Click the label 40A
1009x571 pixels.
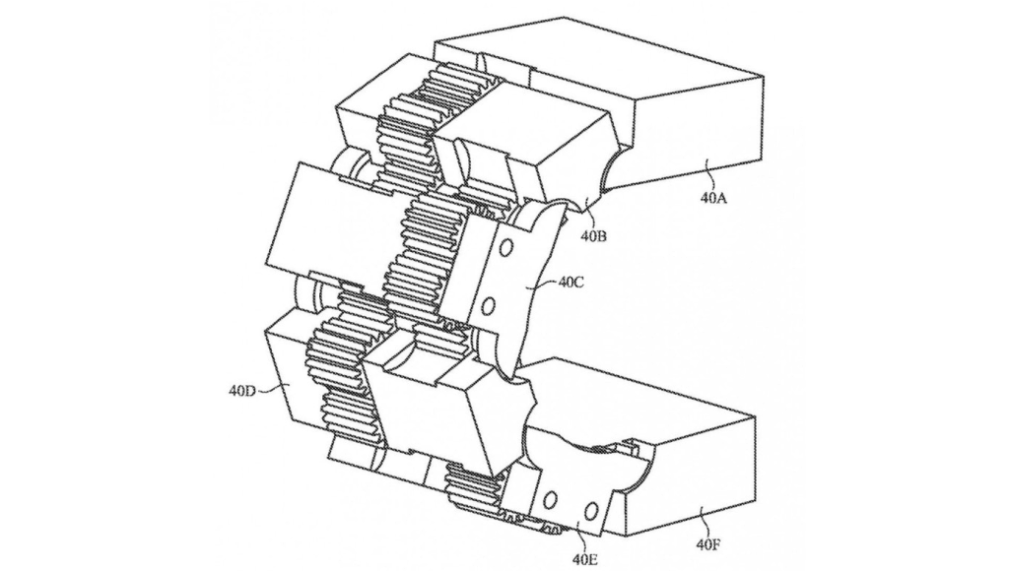coord(713,198)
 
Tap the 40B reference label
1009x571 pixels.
coord(593,236)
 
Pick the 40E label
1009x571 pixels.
coord(584,558)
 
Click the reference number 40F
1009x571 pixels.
coord(707,546)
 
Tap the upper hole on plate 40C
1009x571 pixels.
coord(505,247)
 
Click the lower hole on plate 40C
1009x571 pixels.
coord(489,305)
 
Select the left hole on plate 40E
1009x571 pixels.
coord(550,500)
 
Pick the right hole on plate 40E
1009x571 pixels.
coord(589,511)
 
